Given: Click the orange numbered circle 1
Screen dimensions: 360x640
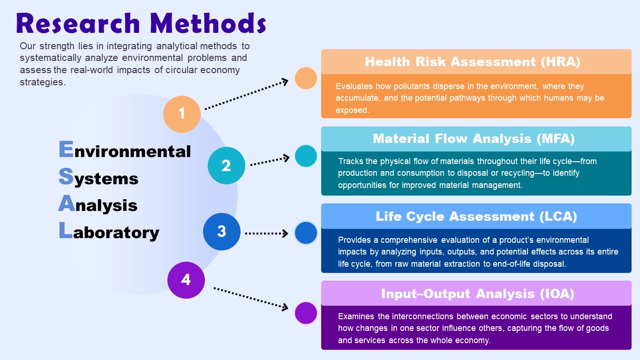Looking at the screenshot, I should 182,113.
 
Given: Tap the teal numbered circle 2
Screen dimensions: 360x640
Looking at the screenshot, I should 226,165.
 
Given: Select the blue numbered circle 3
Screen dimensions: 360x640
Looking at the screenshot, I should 222,232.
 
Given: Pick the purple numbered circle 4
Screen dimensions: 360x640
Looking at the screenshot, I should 186,280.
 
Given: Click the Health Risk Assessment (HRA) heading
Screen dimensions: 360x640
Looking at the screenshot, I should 473,62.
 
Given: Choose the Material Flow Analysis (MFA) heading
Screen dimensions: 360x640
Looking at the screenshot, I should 474,139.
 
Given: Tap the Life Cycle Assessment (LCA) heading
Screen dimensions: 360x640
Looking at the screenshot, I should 476,216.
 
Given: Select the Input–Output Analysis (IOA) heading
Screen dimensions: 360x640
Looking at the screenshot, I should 477,293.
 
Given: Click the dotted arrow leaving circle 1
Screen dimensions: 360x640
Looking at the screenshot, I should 246,96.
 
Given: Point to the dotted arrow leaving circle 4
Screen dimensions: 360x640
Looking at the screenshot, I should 250,298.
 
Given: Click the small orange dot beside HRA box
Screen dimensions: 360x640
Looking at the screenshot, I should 306,78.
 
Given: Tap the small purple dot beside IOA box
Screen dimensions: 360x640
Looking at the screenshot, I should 306,313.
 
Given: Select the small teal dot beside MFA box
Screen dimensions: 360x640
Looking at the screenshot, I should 306,156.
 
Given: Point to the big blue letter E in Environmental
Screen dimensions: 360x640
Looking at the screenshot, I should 66,150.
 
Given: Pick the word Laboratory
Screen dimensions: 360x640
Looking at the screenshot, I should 109,232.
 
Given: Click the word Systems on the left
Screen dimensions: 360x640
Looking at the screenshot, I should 99,178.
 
